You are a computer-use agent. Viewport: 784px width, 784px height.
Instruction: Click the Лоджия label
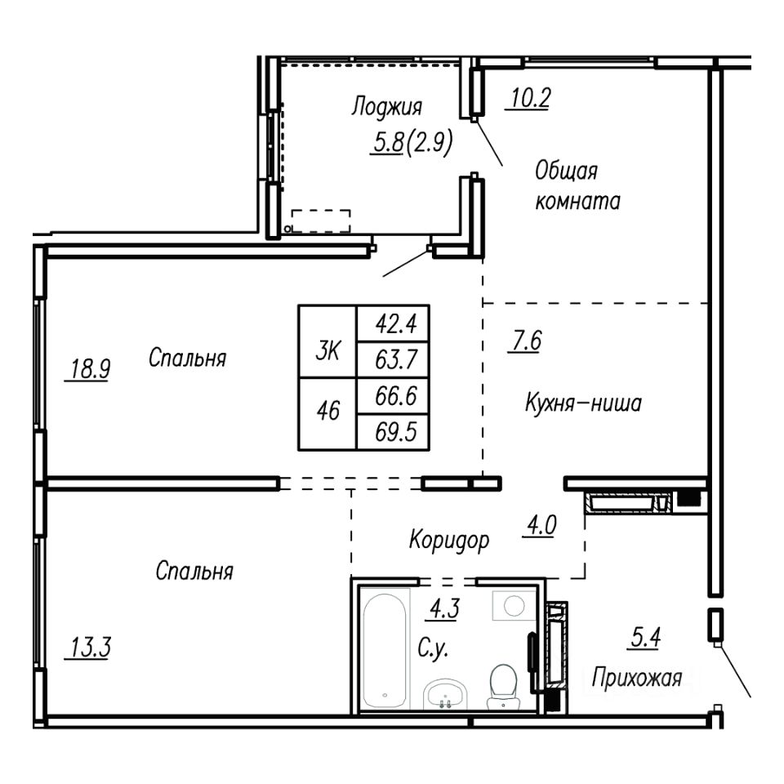tap(387, 107)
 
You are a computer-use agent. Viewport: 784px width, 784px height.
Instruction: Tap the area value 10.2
tap(530, 98)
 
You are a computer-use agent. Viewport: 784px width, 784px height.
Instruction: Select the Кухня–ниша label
tap(583, 403)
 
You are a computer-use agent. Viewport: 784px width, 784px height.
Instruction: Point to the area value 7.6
tap(526, 341)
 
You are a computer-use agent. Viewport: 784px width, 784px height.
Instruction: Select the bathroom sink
tap(445, 694)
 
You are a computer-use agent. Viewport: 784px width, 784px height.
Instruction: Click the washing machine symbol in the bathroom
tap(514, 605)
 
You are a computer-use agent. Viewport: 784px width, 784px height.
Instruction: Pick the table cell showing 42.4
tap(393, 324)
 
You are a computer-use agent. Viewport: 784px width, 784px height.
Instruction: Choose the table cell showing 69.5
tap(393, 432)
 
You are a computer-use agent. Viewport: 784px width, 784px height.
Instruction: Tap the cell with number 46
tap(327, 414)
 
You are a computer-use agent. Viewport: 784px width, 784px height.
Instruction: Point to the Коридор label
tap(449, 541)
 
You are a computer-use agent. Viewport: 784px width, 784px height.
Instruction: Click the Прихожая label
tap(637, 679)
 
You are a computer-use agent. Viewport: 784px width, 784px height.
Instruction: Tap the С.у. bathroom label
tap(433, 649)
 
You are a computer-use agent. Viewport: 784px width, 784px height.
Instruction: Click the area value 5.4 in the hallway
tap(645, 638)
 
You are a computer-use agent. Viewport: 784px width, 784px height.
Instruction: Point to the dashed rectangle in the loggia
tap(320, 221)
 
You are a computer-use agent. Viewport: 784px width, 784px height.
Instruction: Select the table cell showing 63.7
tap(393, 360)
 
